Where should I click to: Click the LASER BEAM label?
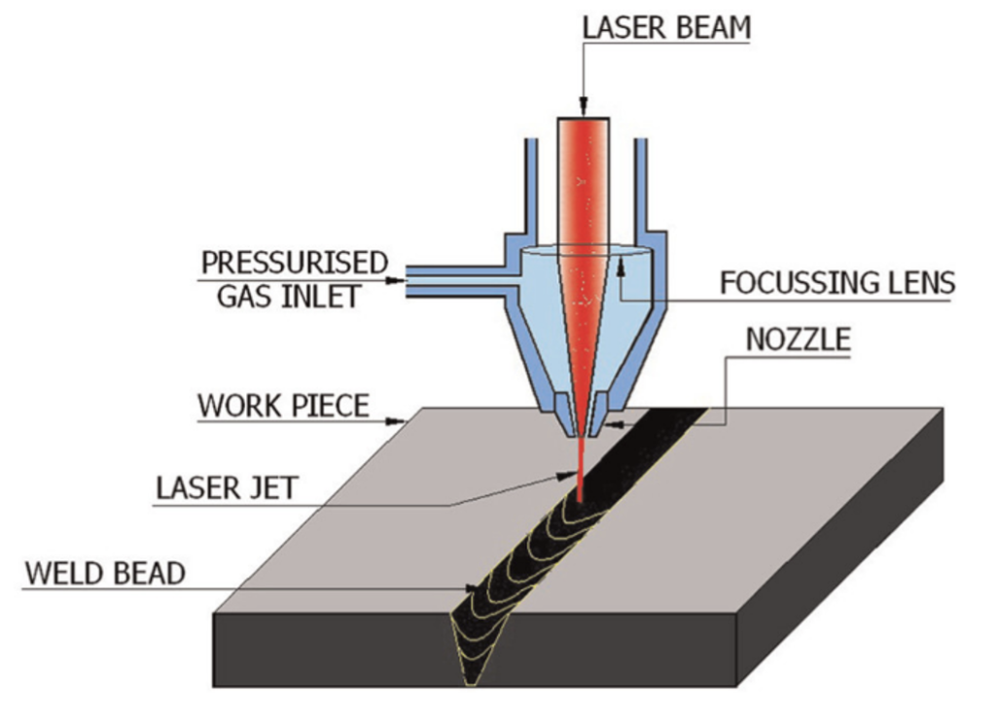click(x=666, y=27)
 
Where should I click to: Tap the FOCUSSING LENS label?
click(x=837, y=283)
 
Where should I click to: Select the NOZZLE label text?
click(x=798, y=340)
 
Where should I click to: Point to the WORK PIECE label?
click(x=283, y=405)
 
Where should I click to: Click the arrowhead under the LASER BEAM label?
click(x=583, y=108)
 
